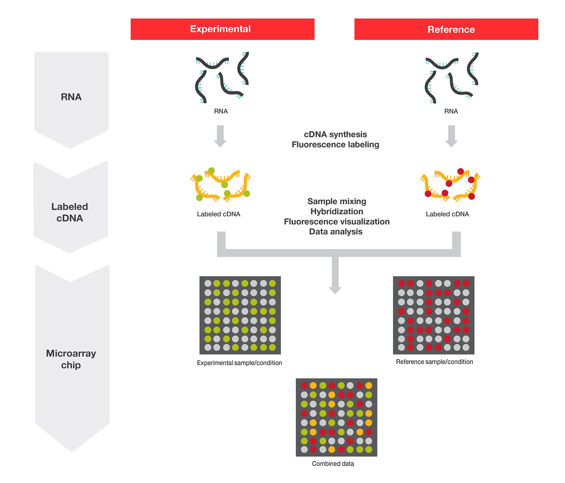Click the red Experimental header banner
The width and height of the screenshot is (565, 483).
pyautogui.click(x=222, y=29)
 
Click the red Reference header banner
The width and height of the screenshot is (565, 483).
pyautogui.click(x=446, y=29)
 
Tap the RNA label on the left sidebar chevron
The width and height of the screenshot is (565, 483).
pyautogui.click(x=71, y=97)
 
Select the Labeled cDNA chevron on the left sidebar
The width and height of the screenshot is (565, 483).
pyautogui.click(x=70, y=212)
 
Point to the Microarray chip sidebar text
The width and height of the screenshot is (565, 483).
pyautogui.click(x=71, y=359)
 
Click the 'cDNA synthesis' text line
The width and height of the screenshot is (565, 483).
pyautogui.click(x=335, y=134)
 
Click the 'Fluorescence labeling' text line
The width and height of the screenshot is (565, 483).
pyautogui.click(x=335, y=144)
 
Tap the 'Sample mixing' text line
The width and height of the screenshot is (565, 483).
pyautogui.click(x=337, y=201)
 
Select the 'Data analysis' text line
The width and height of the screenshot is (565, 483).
pyautogui.click(x=336, y=232)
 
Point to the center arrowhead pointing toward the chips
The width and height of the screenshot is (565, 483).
pyautogui.click(x=335, y=290)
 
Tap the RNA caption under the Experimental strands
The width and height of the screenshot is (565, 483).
pyautogui.click(x=221, y=111)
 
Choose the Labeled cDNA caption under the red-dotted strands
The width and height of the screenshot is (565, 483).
pyautogui.click(x=447, y=214)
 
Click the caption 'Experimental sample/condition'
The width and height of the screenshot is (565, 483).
pyautogui.click(x=239, y=363)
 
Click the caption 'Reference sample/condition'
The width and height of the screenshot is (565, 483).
pyautogui.click(x=434, y=362)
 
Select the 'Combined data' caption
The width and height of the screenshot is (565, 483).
pyautogui.click(x=333, y=464)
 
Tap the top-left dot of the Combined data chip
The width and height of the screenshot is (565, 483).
pyautogui.click(x=304, y=386)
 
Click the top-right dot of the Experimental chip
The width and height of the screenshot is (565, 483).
pyautogui.click(x=272, y=283)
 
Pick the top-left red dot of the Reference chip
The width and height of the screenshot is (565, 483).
pyautogui.click(x=401, y=283)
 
